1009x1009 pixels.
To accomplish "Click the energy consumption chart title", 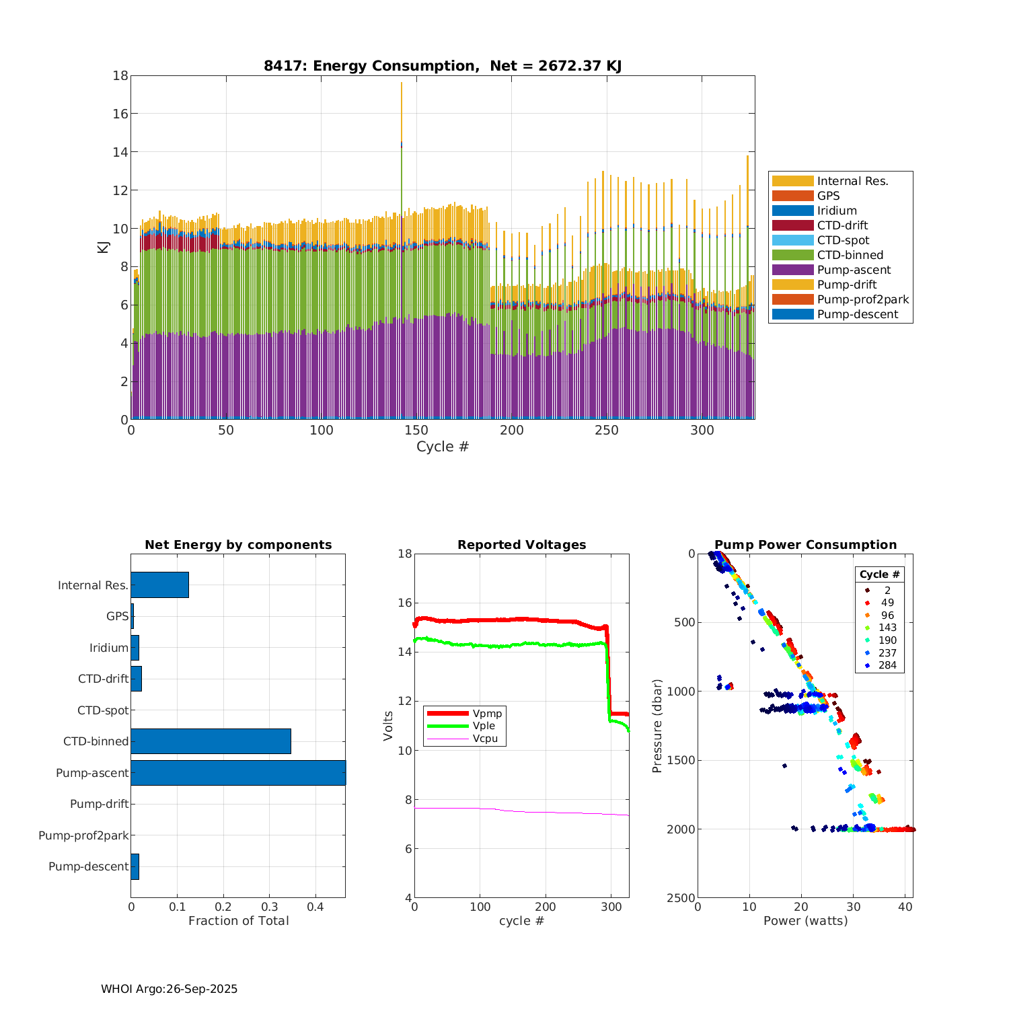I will click(442, 66).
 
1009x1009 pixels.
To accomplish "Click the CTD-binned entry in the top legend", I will click(850, 255).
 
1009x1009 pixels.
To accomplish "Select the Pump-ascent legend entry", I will click(854, 270).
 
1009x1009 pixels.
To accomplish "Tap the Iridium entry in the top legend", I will click(837, 211).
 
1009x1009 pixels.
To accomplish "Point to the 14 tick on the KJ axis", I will click(120, 152).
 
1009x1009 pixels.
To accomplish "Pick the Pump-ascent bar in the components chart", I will click(238, 773).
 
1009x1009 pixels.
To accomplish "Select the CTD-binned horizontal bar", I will click(211, 741).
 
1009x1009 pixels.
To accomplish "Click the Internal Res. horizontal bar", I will click(159, 585).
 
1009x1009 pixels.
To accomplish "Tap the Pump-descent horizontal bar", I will click(135, 866).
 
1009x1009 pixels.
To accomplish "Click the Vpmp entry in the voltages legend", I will click(487, 713).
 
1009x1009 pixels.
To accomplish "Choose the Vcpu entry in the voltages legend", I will click(485, 739).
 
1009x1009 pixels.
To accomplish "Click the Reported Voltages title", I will click(521, 545).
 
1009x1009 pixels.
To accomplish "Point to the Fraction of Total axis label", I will click(238, 921).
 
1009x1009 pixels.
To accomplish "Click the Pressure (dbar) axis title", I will click(657, 725).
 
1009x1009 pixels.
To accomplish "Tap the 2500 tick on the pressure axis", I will click(681, 898).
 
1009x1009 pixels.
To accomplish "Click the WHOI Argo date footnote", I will click(169, 989).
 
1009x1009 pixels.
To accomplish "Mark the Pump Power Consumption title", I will click(805, 545).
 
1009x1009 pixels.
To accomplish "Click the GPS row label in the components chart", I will click(117, 616).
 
